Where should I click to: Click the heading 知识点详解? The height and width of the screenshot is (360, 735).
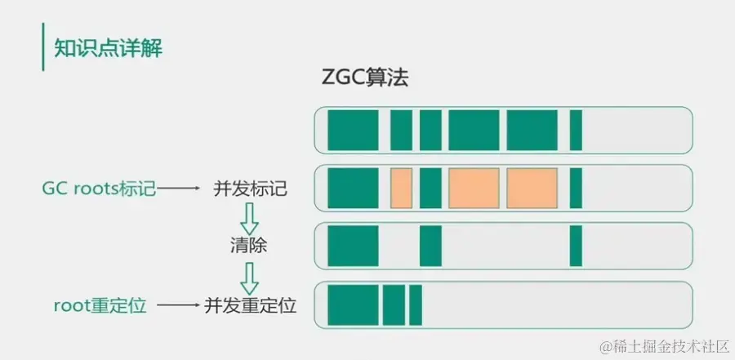point(109,48)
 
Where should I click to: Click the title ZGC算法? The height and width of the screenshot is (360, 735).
point(365,78)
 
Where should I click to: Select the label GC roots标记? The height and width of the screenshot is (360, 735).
point(99,189)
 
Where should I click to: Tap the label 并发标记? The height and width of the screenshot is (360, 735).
point(251,189)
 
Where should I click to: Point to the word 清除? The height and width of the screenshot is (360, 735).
point(248,246)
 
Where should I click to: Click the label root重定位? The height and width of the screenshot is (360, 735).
point(100,305)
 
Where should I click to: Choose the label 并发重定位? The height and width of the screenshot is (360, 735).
point(251,305)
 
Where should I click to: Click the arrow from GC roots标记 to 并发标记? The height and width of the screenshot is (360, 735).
point(179,189)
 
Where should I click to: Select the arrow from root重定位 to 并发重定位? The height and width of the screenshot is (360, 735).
point(179,305)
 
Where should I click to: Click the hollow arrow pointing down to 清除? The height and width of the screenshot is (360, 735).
point(249,219)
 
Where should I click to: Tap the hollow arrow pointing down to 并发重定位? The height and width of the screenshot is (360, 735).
point(249,278)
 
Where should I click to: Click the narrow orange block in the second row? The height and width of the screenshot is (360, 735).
point(401,188)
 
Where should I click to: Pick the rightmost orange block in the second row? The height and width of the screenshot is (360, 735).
point(532,188)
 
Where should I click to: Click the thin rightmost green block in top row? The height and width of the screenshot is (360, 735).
point(576,131)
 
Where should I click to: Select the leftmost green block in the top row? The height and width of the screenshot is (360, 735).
point(353,131)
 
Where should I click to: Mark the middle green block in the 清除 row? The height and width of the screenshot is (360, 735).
point(430,246)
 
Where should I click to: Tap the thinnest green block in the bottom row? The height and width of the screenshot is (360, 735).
point(416,304)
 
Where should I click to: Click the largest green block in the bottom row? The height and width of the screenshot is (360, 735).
point(353,304)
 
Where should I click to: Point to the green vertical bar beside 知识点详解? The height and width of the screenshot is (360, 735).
point(43,47)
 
